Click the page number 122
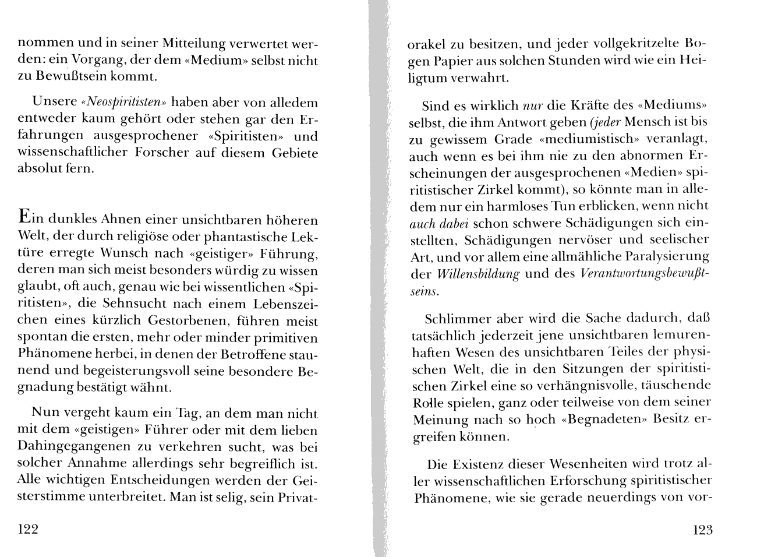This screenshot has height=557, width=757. (x=28, y=530)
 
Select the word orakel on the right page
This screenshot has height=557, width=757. (x=427, y=44)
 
